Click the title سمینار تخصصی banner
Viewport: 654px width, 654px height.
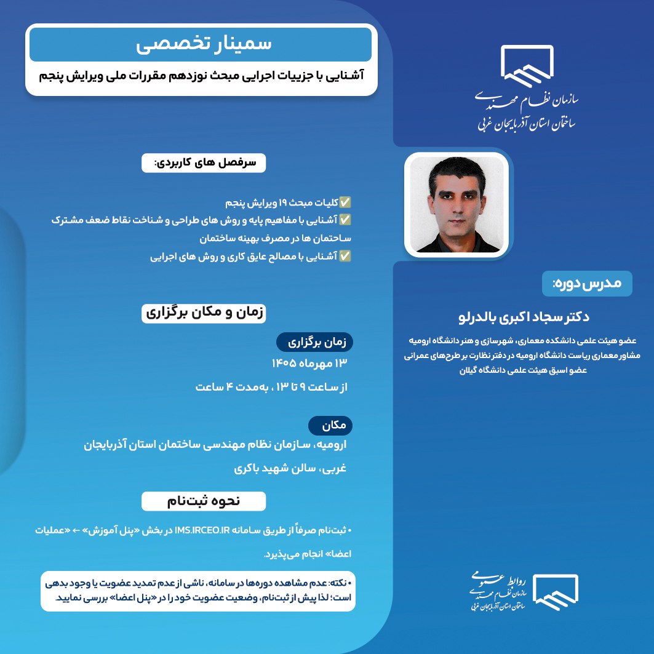201,44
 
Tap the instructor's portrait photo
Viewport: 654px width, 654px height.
457,204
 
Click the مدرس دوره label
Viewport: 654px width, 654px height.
587,284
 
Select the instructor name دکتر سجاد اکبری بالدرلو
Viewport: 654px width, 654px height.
524,317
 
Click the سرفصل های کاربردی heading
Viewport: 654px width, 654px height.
204,162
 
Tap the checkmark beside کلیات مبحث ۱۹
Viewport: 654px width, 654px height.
345,202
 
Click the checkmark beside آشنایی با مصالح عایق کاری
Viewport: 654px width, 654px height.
345,256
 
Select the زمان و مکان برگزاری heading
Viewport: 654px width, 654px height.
204,313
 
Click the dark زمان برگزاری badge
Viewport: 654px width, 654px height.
314,343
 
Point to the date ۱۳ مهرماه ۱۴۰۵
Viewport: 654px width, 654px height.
309,363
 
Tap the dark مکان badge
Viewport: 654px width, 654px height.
330,425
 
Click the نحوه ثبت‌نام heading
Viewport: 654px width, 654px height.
204,501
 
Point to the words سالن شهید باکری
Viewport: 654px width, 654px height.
274,468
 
